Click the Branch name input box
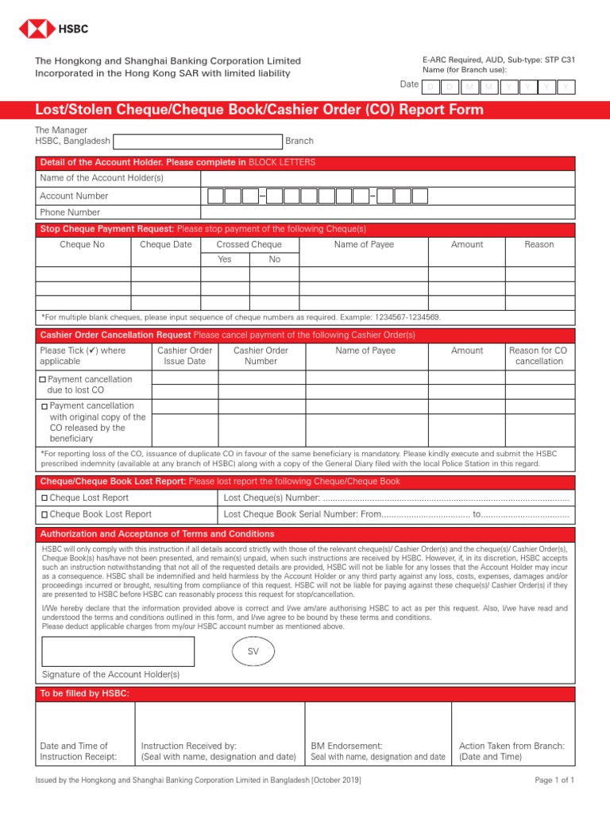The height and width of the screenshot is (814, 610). (x=198, y=141)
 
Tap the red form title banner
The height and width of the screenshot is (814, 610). (x=305, y=110)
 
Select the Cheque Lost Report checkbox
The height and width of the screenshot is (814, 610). (x=44, y=498)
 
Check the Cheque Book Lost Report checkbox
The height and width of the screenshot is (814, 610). (x=44, y=514)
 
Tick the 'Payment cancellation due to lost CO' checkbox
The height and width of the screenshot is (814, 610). (x=44, y=380)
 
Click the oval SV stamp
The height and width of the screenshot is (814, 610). (x=253, y=652)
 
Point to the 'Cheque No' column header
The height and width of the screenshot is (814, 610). (x=82, y=245)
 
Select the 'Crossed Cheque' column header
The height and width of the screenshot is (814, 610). (x=249, y=245)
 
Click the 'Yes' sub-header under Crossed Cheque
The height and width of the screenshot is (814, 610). (x=225, y=260)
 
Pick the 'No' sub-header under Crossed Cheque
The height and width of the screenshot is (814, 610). (x=275, y=260)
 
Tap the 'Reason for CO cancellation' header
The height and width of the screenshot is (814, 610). (x=539, y=355)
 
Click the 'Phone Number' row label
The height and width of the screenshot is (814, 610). (x=70, y=212)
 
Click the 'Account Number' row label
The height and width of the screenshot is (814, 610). (x=74, y=196)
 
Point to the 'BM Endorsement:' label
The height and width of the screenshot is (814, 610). (x=346, y=746)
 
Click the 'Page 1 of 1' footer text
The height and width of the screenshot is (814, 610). (x=554, y=781)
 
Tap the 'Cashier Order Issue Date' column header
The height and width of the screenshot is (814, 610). (x=184, y=355)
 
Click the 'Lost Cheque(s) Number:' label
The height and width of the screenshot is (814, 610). (x=272, y=498)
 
